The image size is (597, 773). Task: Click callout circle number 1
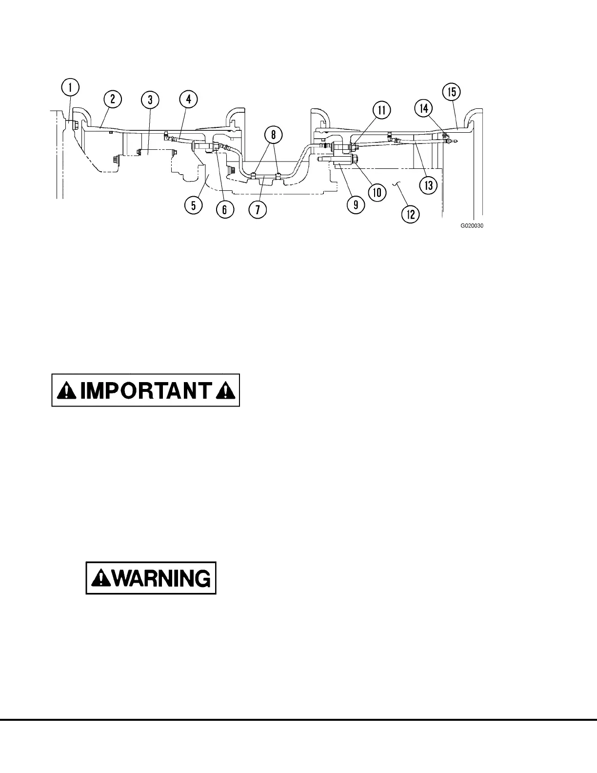(x=71, y=88)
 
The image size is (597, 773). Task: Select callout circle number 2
(x=112, y=99)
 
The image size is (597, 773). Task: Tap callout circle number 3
(x=150, y=100)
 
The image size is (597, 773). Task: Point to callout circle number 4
(x=188, y=100)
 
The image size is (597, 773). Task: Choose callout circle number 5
(x=194, y=205)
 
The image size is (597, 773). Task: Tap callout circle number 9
(x=356, y=205)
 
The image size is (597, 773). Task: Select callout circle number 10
(x=377, y=192)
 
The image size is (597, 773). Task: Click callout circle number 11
(x=382, y=110)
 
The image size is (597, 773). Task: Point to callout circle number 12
(x=411, y=214)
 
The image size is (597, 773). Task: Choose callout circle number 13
(x=429, y=185)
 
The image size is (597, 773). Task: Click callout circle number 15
(x=451, y=92)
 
